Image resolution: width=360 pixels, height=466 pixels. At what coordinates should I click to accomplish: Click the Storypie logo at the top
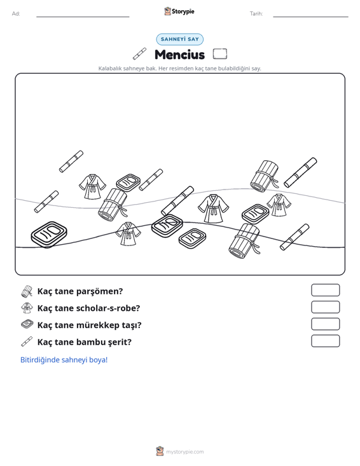tap(179, 11)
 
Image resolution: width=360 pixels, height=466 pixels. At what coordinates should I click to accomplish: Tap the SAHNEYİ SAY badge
tap(180, 39)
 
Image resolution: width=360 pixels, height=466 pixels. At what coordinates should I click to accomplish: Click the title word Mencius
tap(179, 55)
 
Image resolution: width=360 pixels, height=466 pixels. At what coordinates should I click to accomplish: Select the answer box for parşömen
tap(325, 290)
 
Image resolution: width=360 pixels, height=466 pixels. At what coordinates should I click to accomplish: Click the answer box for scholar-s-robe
tap(325, 307)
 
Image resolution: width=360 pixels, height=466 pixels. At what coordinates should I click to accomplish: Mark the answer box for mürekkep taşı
tap(325, 324)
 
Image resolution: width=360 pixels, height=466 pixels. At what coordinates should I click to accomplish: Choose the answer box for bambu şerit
tap(325, 341)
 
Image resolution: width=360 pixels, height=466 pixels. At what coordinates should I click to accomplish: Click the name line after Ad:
tap(83, 17)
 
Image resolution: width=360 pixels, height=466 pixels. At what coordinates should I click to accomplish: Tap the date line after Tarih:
tap(310, 17)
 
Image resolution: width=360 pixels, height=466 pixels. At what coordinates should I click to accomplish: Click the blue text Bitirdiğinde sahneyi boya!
tap(64, 360)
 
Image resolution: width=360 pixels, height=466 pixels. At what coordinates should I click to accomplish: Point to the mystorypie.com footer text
tap(184, 452)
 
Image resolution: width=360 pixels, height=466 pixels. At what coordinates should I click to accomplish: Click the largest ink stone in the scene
tap(49, 234)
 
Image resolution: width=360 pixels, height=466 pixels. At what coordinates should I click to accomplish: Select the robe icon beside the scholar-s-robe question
tap(27, 308)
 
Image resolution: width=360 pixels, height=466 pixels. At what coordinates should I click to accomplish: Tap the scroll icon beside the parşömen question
tap(27, 291)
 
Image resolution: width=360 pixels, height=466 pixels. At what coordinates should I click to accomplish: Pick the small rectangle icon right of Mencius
tap(220, 54)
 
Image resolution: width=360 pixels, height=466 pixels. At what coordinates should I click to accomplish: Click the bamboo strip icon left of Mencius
tap(139, 53)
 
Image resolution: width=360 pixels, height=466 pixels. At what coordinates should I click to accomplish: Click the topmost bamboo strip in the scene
tap(71, 161)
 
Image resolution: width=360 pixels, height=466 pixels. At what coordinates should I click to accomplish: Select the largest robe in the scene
tap(213, 209)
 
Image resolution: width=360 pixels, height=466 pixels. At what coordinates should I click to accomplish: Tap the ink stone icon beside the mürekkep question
tap(27, 324)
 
